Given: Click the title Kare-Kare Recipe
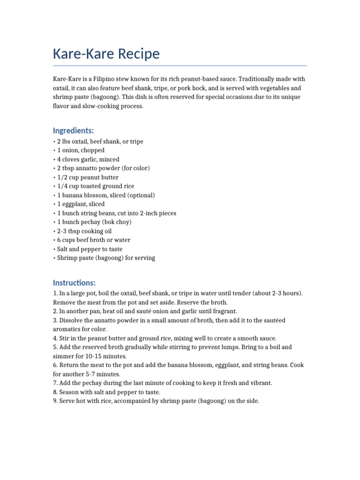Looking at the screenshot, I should tap(106, 54).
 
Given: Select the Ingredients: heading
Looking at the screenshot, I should tap(74, 130).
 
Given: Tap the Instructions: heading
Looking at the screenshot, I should tap(75, 283).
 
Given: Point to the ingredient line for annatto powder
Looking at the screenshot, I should tap(103, 168).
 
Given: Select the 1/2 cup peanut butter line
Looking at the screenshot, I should tap(87, 177).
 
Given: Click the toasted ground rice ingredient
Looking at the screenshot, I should tap(95, 186).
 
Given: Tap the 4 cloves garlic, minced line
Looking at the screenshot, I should tap(88, 159).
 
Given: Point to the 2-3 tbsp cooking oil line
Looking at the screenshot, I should tap(84, 231).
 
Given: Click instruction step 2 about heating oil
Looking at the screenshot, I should tap(145, 311).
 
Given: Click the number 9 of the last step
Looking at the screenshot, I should tap(55, 401).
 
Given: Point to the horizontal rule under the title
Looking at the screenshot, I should tap(180, 66).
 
